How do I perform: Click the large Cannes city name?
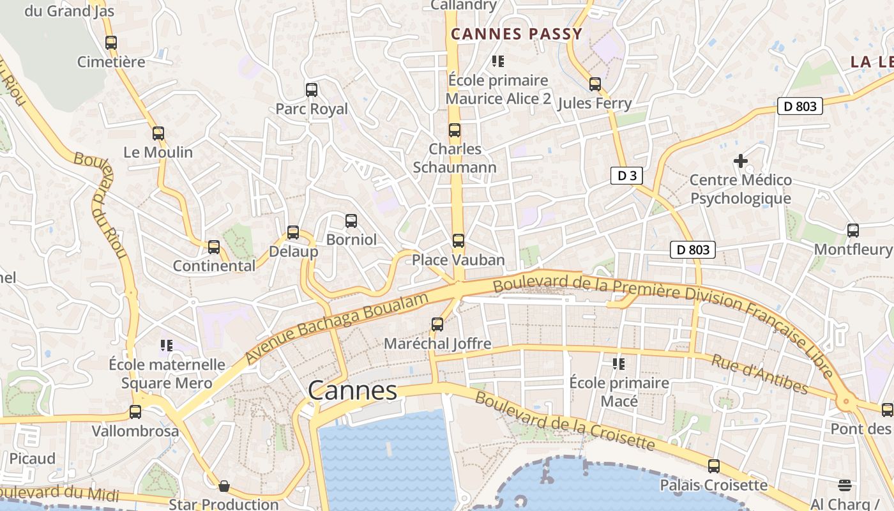click(x=352, y=390)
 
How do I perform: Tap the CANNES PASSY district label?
click(x=517, y=34)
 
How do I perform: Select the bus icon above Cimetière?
click(x=111, y=43)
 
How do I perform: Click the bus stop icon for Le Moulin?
click(x=158, y=133)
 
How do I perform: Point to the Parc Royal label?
click(x=312, y=109)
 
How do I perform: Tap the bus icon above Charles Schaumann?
click(x=455, y=130)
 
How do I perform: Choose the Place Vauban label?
click(x=458, y=260)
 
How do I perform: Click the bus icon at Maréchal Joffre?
click(x=437, y=324)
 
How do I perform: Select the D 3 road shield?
click(x=626, y=176)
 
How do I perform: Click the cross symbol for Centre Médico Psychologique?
click(x=741, y=161)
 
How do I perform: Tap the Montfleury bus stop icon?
click(x=853, y=231)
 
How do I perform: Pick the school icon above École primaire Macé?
click(x=619, y=364)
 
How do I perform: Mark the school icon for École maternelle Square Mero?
click(x=167, y=346)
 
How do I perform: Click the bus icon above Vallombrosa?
click(x=135, y=412)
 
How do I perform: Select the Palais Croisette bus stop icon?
click(x=714, y=466)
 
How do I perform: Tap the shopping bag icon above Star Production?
click(x=224, y=487)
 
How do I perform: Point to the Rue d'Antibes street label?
click(x=760, y=375)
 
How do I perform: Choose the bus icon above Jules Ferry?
click(x=595, y=84)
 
